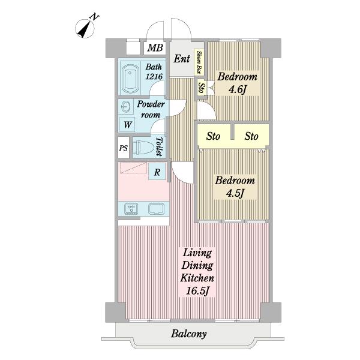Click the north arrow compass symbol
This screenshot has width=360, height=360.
point(85,28)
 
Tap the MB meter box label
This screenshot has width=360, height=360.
point(155,48)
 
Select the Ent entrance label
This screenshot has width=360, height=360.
point(182,59)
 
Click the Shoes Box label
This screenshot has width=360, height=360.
point(199,62)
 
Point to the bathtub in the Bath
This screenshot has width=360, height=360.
point(130,79)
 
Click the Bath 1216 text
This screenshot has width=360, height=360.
point(154,71)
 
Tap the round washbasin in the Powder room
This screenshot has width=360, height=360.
point(126,107)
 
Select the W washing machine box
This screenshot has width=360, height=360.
point(127,125)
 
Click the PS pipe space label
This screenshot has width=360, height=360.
point(124,148)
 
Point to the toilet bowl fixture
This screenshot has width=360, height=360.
point(143,147)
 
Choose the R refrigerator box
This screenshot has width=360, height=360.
point(157,172)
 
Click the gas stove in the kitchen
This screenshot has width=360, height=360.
point(131,209)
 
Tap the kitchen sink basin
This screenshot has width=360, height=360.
point(156,209)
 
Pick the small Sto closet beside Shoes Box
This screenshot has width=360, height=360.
point(201,87)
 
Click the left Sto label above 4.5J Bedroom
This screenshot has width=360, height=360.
point(213,136)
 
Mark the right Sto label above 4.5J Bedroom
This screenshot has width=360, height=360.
point(251,136)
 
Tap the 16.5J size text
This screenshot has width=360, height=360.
point(197,291)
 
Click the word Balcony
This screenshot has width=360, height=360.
point(189,334)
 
